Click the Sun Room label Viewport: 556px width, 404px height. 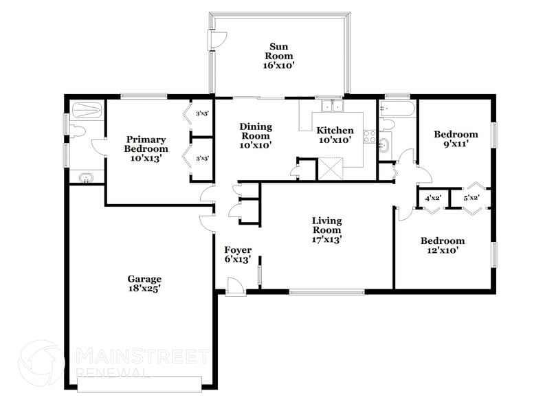pyautogui.click(x=280, y=56)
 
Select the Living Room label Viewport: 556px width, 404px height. pyautogui.click(x=326, y=230)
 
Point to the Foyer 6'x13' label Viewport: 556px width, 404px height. pyautogui.click(x=238, y=254)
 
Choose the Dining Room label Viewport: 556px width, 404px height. pyautogui.click(x=255, y=135)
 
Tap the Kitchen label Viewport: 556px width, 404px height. pyautogui.click(x=335, y=135)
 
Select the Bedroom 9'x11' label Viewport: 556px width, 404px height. pyautogui.click(x=456, y=139)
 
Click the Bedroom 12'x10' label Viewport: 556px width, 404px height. pyautogui.click(x=442, y=245)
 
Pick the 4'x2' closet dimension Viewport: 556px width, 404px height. pyautogui.click(x=433, y=199)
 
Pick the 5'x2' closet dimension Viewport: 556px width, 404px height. pyautogui.click(x=471, y=199)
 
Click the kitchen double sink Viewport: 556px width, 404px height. pyautogui.click(x=331, y=106)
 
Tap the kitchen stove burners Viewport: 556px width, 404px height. pyautogui.click(x=369, y=136)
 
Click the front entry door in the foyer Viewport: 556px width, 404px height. pyautogui.click(x=236, y=287)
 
